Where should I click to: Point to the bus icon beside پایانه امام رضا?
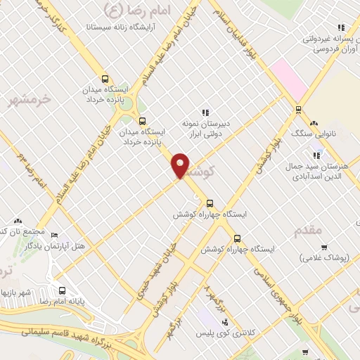62,290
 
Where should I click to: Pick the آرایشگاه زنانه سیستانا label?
124,27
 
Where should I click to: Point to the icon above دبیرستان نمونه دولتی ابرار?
205,112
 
